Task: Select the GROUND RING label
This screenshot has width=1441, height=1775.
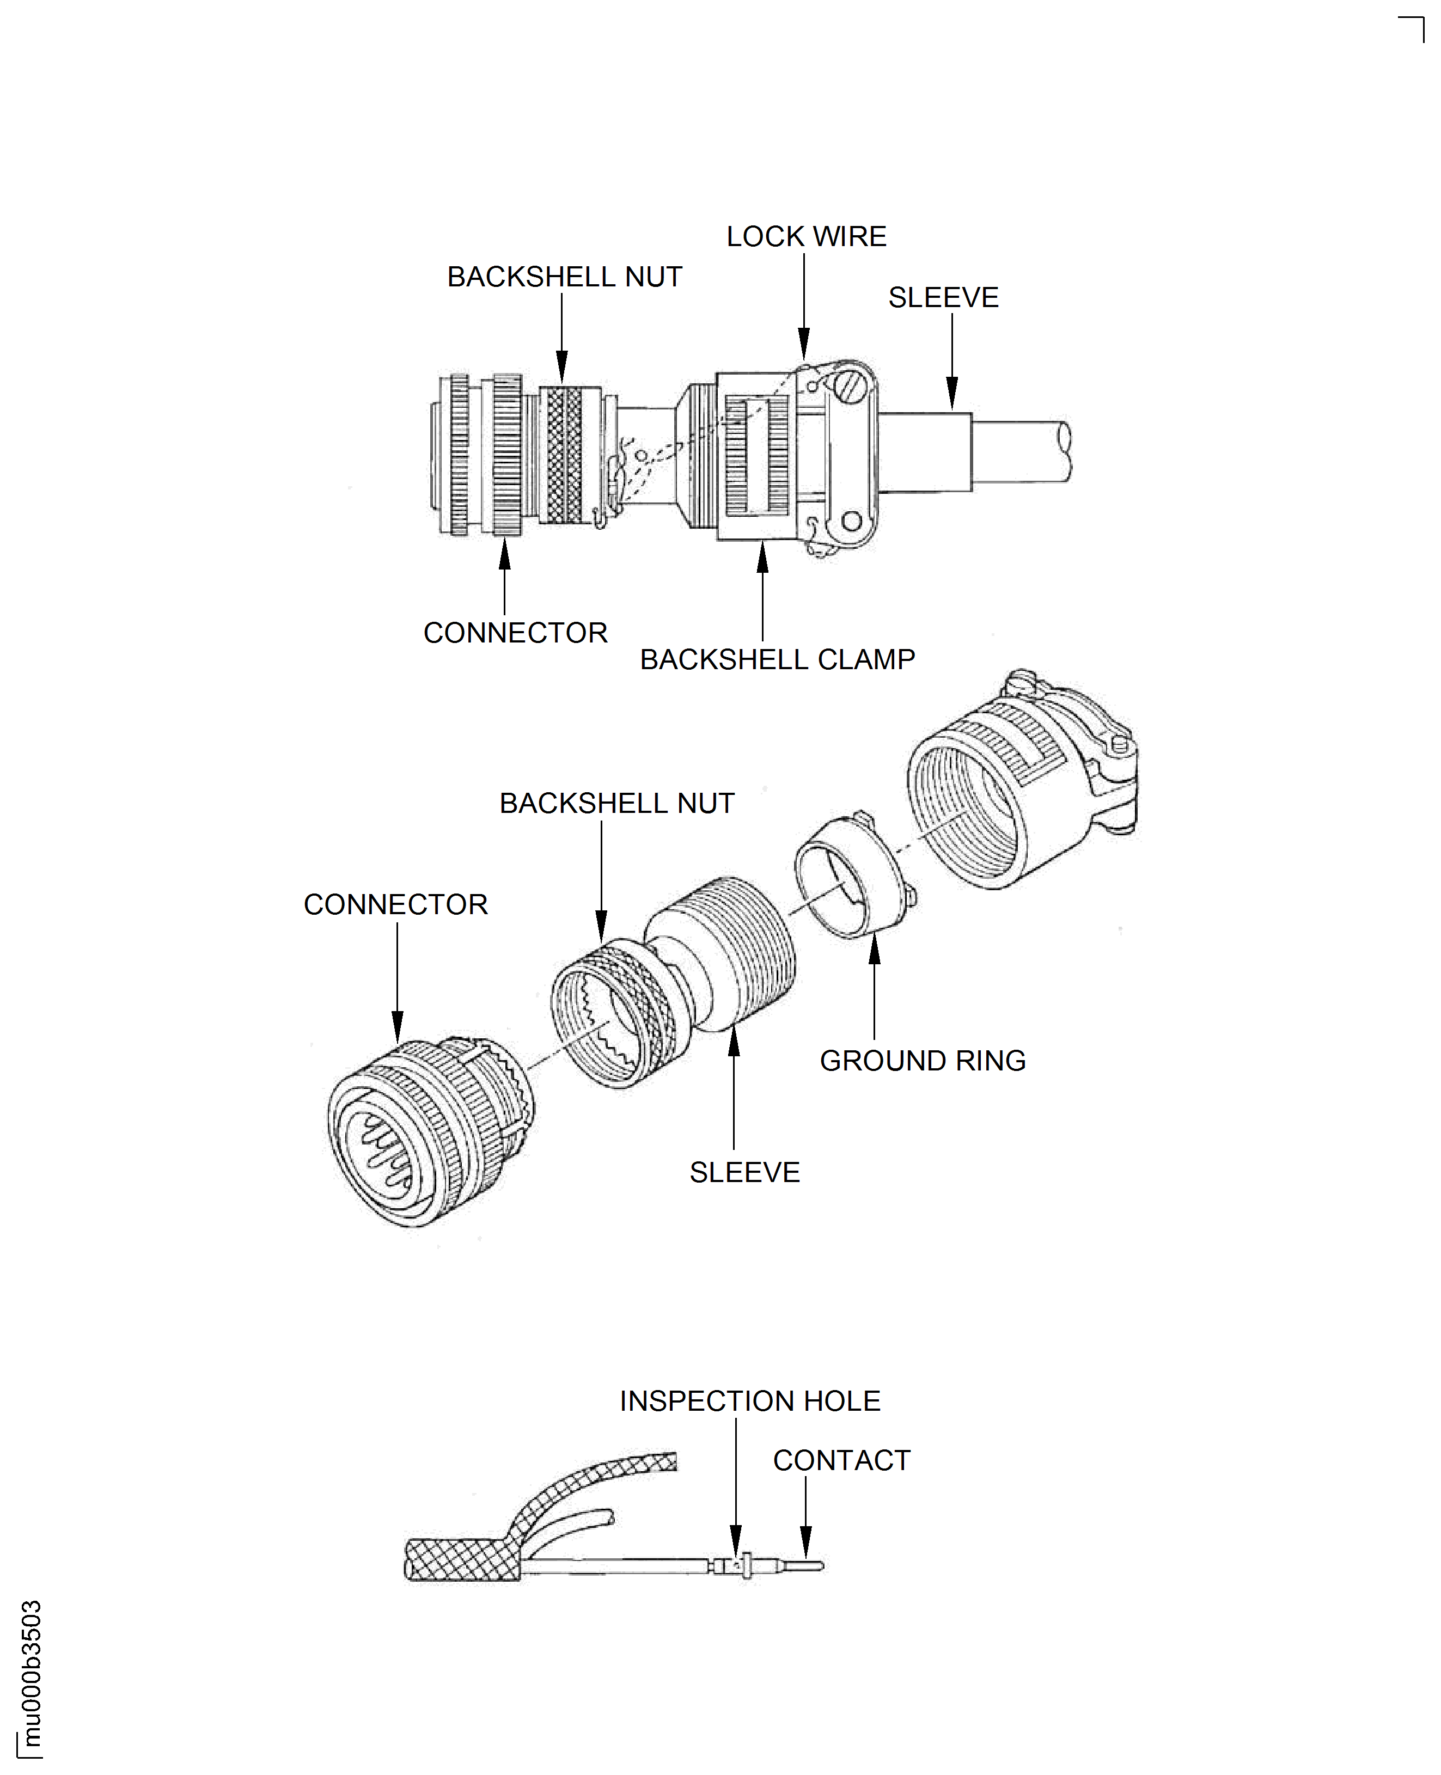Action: click(922, 1061)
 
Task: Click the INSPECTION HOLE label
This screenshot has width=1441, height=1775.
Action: click(749, 1401)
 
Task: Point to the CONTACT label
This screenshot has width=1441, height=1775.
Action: click(841, 1460)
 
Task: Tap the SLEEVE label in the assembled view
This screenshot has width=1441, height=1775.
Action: click(943, 297)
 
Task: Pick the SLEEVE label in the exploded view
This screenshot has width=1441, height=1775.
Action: click(744, 1173)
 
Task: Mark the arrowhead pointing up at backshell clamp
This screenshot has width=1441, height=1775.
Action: click(762, 558)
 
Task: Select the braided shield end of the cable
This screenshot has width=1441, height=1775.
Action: click(461, 1560)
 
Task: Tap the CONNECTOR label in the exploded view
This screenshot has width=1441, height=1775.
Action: click(395, 904)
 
